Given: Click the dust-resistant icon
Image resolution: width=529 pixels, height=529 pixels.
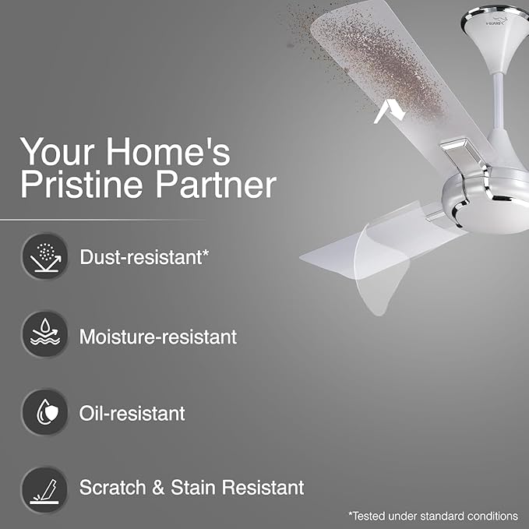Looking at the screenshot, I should [x=44, y=256].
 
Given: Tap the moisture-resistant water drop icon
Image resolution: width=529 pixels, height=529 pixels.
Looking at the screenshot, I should [x=44, y=335].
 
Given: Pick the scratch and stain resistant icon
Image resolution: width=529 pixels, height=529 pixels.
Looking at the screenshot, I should [x=44, y=488].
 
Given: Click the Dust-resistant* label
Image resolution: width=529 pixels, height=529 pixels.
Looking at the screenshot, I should [x=145, y=256].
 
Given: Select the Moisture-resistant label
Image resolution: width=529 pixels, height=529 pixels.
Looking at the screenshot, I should [x=158, y=337].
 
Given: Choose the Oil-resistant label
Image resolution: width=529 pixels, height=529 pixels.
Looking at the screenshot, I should [x=132, y=412].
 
